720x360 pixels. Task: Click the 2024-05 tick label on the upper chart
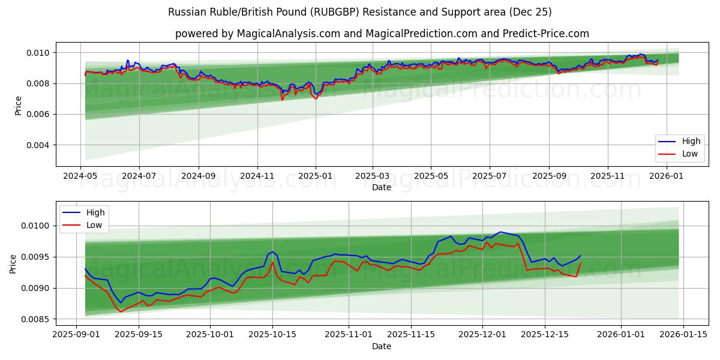[x=80, y=176]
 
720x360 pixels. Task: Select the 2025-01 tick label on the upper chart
[x=315, y=176]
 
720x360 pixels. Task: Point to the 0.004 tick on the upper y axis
[x=37, y=145]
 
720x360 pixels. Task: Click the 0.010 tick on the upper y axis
[x=37, y=53]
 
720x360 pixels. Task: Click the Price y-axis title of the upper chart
[x=18, y=106]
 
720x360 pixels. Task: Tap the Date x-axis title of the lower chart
[x=382, y=346]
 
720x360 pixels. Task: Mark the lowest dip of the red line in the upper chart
[x=316, y=98]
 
